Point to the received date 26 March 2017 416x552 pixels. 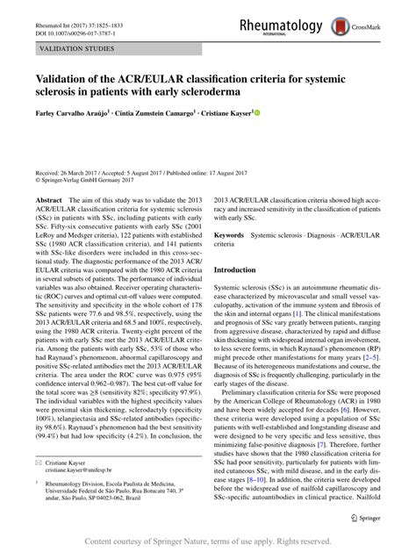click(x=83, y=174)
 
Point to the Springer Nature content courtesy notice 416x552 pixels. click(x=208, y=543)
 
